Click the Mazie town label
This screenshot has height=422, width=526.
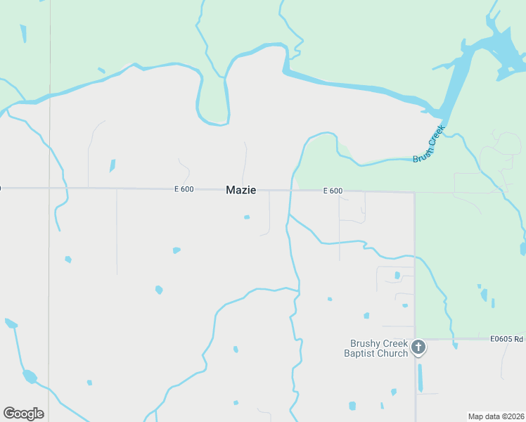pyautogui.click(x=240, y=190)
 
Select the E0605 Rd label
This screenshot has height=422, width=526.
pyautogui.click(x=507, y=339)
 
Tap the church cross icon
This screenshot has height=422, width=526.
pyautogui.click(x=418, y=347)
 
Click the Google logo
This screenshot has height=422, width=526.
pyautogui.click(x=23, y=414)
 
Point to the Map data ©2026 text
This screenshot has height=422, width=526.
pyautogui.click(x=496, y=416)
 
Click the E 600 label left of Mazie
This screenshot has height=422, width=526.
pyautogui.click(x=184, y=189)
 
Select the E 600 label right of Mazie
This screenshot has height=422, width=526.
pyautogui.click(x=333, y=191)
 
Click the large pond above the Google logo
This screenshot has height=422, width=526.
pyautogui.click(x=30, y=376)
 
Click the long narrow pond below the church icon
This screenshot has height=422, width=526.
pyautogui.click(x=420, y=378)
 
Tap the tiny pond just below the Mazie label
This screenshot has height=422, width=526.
pyautogui.click(x=247, y=217)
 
